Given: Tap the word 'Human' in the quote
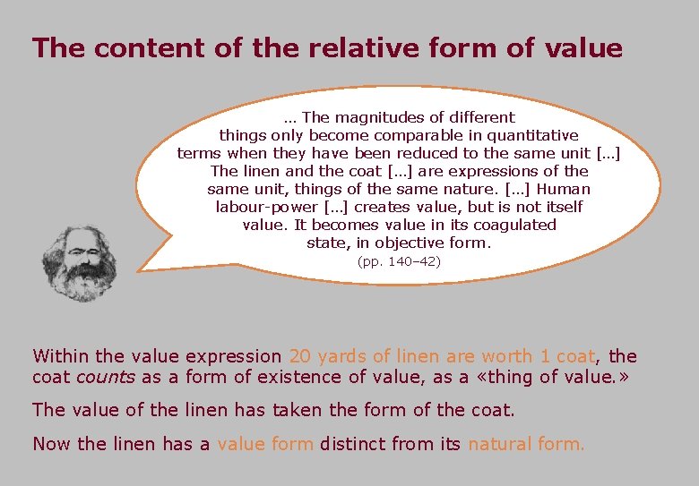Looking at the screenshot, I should coord(564,189).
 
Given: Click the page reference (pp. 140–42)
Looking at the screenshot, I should coord(399,262).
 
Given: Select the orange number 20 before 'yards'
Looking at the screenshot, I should coord(301,356).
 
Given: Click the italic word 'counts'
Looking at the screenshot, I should coord(105,377).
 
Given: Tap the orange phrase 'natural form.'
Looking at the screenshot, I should coord(525,443).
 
